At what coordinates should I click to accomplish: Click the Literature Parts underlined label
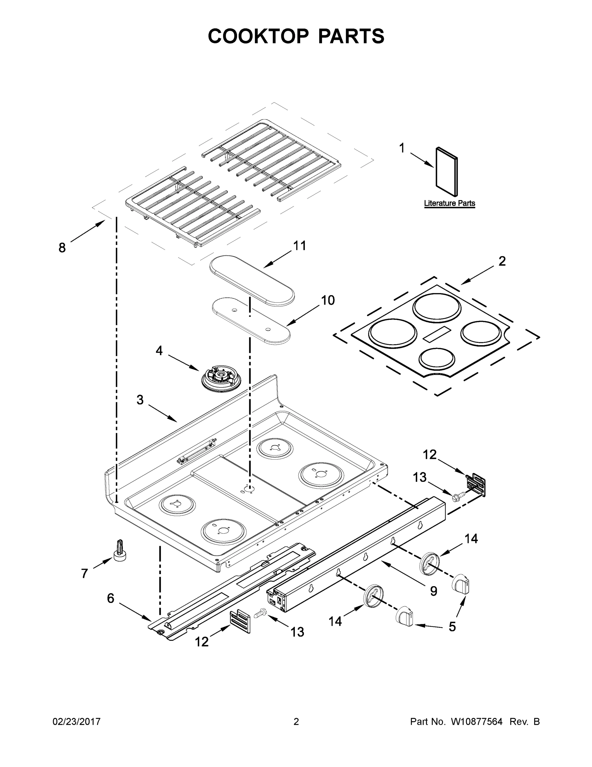click(449, 203)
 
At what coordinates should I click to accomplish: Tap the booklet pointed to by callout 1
click(446, 172)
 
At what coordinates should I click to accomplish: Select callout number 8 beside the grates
click(62, 248)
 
